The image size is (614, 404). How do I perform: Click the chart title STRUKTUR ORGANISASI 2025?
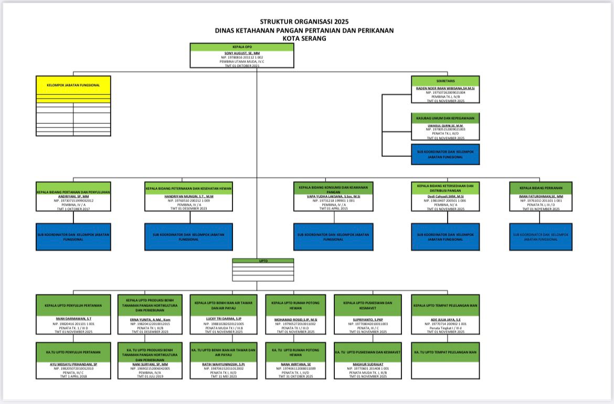[304, 22]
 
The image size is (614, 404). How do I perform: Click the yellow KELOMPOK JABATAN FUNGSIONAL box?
[73, 85]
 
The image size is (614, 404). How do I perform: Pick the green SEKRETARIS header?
[446, 81]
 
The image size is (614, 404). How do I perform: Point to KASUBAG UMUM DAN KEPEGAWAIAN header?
[446, 118]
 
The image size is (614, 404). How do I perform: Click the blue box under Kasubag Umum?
[446, 154]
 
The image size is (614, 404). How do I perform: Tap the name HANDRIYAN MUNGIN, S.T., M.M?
[189, 196]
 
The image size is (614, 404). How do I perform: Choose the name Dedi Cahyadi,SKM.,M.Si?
[446, 196]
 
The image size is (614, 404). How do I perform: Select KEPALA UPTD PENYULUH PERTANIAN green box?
[73, 305]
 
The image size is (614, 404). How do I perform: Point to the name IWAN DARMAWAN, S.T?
[73, 318]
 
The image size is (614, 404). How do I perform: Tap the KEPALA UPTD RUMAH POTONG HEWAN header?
[296, 305]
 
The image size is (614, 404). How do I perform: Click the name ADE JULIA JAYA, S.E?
[446, 318]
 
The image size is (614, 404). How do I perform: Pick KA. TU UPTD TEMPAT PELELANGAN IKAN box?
[446, 352]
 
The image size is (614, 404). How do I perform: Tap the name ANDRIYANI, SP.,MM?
[73, 196]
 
